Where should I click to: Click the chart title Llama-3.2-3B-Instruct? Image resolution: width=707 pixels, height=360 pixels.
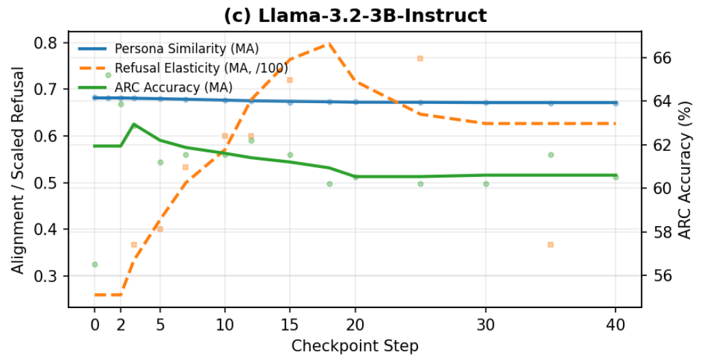(355, 16)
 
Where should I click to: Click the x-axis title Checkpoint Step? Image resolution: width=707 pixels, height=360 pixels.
(355, 346)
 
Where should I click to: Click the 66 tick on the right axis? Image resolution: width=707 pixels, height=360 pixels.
(661, 57)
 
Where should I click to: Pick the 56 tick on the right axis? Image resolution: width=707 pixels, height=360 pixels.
(661, 276)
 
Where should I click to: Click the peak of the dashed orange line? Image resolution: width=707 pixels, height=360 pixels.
(329, 44)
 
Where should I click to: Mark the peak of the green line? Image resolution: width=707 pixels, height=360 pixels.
(134, 124)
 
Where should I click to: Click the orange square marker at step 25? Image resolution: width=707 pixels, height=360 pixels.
(420, 58)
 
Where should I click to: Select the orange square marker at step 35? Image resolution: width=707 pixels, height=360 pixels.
(551, 245)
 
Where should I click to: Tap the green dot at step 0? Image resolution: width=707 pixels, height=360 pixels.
(95, 264)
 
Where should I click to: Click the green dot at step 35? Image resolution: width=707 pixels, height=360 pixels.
(551, 155)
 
